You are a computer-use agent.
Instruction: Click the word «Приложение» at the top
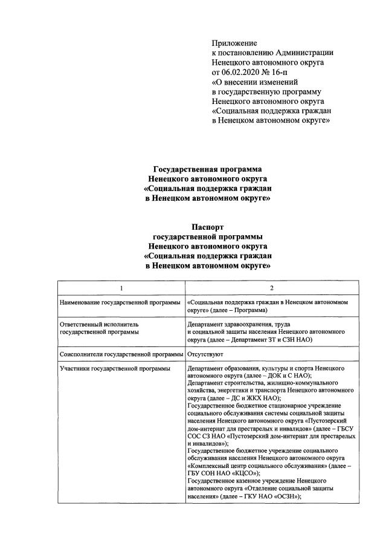[234, 43]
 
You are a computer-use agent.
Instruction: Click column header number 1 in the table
[120, 287]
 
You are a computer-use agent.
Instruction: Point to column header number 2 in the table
[271, 287]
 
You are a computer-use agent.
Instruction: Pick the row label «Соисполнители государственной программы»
[120, 354]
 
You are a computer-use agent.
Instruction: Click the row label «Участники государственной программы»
[115, 368]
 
